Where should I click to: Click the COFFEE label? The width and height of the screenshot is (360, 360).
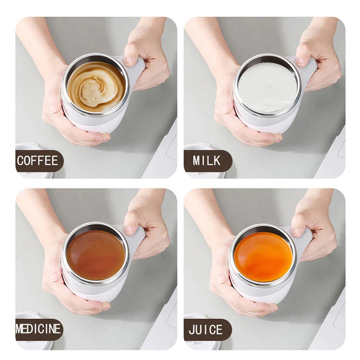pos(38,161)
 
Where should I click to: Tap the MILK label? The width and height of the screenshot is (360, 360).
pos(207,161)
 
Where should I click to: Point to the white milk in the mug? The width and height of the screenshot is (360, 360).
pos(267,87)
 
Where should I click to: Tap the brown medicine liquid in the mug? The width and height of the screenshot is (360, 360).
pos(95,255)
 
